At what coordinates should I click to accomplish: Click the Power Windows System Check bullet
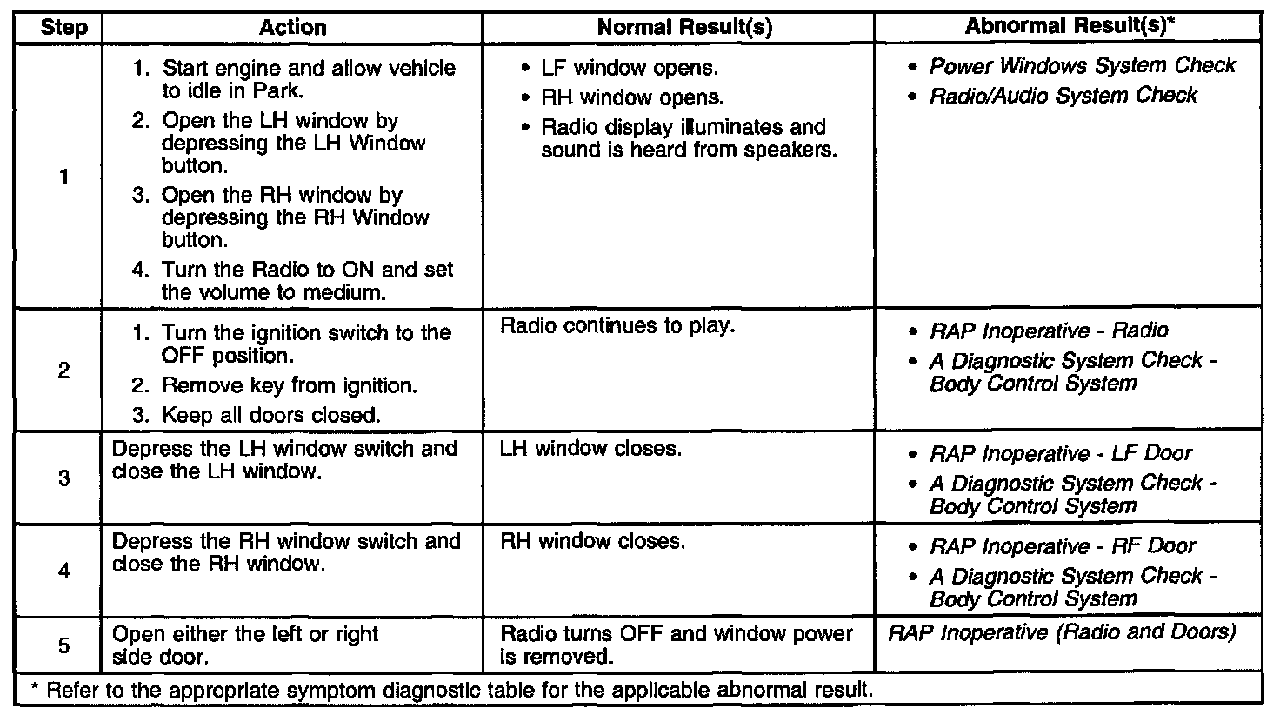click(1082, 66)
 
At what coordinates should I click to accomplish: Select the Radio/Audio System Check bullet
click(1063, 96)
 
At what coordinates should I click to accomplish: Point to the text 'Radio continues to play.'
click(618, 327)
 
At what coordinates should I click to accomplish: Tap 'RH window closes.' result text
click(593, 542)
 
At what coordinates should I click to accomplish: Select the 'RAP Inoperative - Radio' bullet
click(1048, 331)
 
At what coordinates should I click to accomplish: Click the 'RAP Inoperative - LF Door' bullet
click(1060, 454)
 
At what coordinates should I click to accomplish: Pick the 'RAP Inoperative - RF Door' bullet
click(1062, 547)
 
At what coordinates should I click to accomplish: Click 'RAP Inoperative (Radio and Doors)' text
click(1061, 633)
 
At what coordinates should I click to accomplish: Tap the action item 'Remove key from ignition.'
click(288, 385)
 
